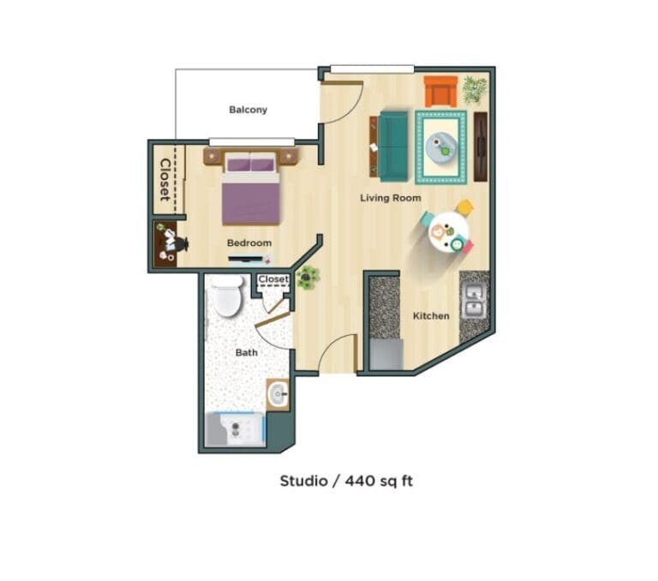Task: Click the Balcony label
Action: tap(248, 110)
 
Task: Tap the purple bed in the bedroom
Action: tap(250, 189)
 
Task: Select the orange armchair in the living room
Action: tap(440, 92)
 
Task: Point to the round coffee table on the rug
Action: tap(441, 147)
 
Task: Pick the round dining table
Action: tap(448, 230)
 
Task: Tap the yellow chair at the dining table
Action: tap(464, 208)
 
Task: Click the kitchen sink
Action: tap(474, 302)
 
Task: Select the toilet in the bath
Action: tap(228, 296)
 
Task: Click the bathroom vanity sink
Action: tap(278, 395)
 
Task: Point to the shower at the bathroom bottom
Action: tap(235, 429)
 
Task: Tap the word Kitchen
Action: tap(431, 316)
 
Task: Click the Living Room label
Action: tap(390, 198)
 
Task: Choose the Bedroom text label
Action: tap(248, 243)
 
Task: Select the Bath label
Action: tap(247, 352)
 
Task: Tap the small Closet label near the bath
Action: tap(273, 279)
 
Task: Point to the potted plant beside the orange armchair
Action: tap(474, 88)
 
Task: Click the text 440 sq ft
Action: tap(379, 481)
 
